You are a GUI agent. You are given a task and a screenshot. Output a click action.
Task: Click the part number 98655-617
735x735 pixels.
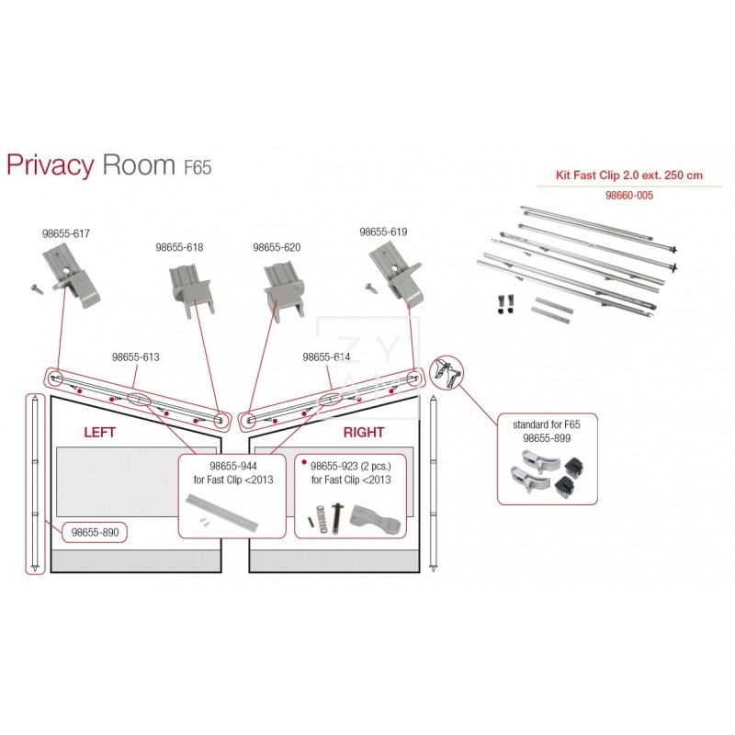(x=66, y=233)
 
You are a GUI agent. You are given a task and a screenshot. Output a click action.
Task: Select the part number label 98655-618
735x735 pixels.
(x=179, y=247)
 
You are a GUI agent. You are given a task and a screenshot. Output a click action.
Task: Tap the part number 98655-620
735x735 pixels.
(x=277, y=247)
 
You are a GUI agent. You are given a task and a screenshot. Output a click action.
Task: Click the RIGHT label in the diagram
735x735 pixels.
(x=364, y=431)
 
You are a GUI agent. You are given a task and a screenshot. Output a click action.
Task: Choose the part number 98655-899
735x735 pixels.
(x=546, y=438)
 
